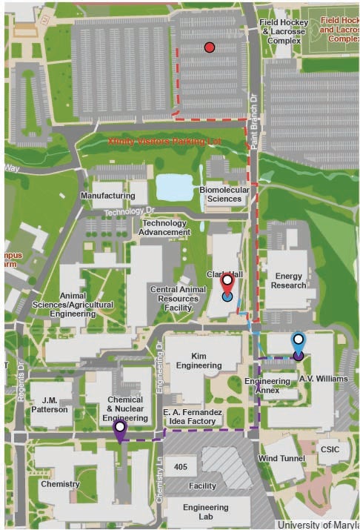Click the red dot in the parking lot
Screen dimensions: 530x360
tap(210, 47)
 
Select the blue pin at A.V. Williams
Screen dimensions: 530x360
tap(298, 342)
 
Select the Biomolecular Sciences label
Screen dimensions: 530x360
tap(224, 195)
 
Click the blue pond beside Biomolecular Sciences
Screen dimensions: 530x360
tap(174, 188)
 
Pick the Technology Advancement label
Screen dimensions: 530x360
tap(165, 228)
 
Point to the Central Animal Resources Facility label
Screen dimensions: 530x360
tap(174, 298)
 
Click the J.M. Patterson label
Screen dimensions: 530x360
tap(50, 404)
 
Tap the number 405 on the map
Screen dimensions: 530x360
tap(180, 467)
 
